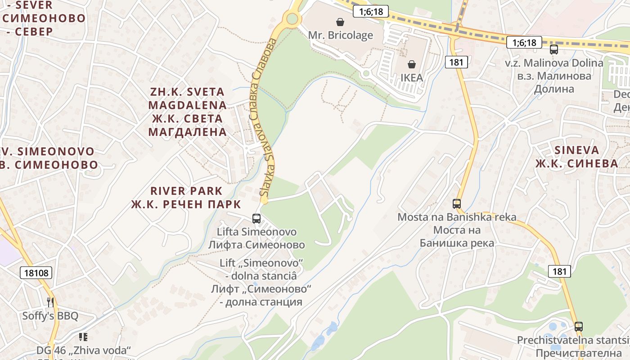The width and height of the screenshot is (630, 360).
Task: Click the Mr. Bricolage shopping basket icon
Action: coord(340,22)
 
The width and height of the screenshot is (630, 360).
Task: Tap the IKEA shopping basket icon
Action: coord(411,64)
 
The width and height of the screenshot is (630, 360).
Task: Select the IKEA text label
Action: coord(411,77)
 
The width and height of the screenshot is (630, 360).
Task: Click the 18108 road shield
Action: coord(36,272)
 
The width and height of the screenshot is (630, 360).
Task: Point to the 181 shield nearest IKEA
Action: coord(456,62)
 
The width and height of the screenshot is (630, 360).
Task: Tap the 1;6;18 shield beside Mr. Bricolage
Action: coord(370,11)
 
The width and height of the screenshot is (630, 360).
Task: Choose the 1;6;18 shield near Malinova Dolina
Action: coord(524,43)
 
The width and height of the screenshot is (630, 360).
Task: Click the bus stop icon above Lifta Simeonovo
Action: coord(256,219)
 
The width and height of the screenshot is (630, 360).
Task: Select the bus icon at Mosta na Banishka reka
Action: coord(457,204)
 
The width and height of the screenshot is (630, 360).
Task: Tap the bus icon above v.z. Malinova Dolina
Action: coord(553,49)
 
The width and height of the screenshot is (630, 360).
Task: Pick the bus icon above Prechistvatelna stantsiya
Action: coord(579,327)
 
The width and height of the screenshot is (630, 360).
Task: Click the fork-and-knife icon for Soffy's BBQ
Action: coord(50,302)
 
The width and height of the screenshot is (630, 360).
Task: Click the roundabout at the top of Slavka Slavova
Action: coord(292,18)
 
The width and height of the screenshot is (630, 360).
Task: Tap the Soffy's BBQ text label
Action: coord(50,316)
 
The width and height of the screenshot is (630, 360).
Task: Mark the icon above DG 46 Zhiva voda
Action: coord(83,337)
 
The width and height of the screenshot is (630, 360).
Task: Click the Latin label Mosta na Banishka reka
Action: coord(457,217)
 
